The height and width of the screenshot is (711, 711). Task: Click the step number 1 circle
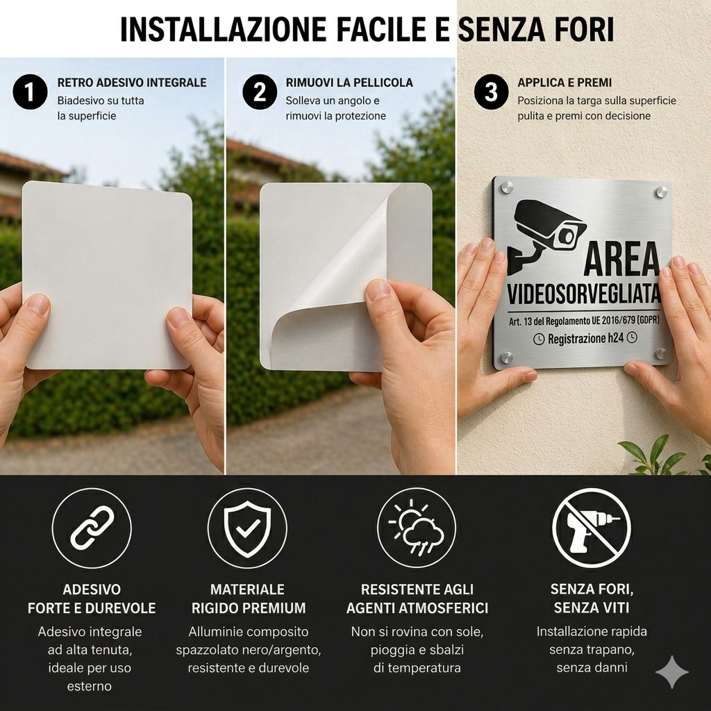pos(30,92)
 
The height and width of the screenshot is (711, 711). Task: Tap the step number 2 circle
pos(260,92)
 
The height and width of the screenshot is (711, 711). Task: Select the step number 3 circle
pos(492,92)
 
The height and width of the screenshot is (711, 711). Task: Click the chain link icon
pos(92,528)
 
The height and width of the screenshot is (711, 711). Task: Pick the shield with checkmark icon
pos(248,528)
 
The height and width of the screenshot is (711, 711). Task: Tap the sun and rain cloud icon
pos(417,528)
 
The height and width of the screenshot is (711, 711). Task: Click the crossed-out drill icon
pos(592,528)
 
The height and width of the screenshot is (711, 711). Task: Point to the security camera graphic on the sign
pos(546,236)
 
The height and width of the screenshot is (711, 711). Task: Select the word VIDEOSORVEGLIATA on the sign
pos(584,294)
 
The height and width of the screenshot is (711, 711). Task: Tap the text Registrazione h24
pos(585,338)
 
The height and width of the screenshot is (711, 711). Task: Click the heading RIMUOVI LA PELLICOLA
pos(349,83)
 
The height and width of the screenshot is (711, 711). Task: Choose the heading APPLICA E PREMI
pos(564,83)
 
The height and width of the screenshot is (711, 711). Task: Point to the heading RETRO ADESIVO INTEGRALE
pos(132,83)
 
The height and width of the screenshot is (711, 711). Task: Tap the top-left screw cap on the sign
pos(507,187)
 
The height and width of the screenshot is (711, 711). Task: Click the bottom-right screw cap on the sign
pos(661,354)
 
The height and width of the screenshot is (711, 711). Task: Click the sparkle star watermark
pos(672,671)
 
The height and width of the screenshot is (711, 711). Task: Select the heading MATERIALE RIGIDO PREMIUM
pos(248,599)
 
